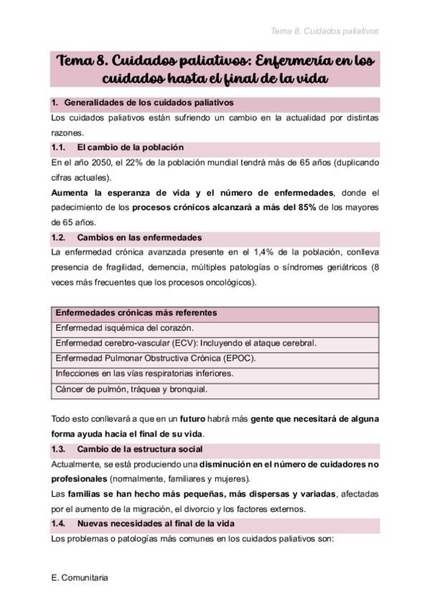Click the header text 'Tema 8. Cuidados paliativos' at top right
[324, 31]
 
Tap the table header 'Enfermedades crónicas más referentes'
[136, 313]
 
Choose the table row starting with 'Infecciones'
[144, 374]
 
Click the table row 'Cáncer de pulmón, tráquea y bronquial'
[131, 389]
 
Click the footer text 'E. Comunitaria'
[80, 576]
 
